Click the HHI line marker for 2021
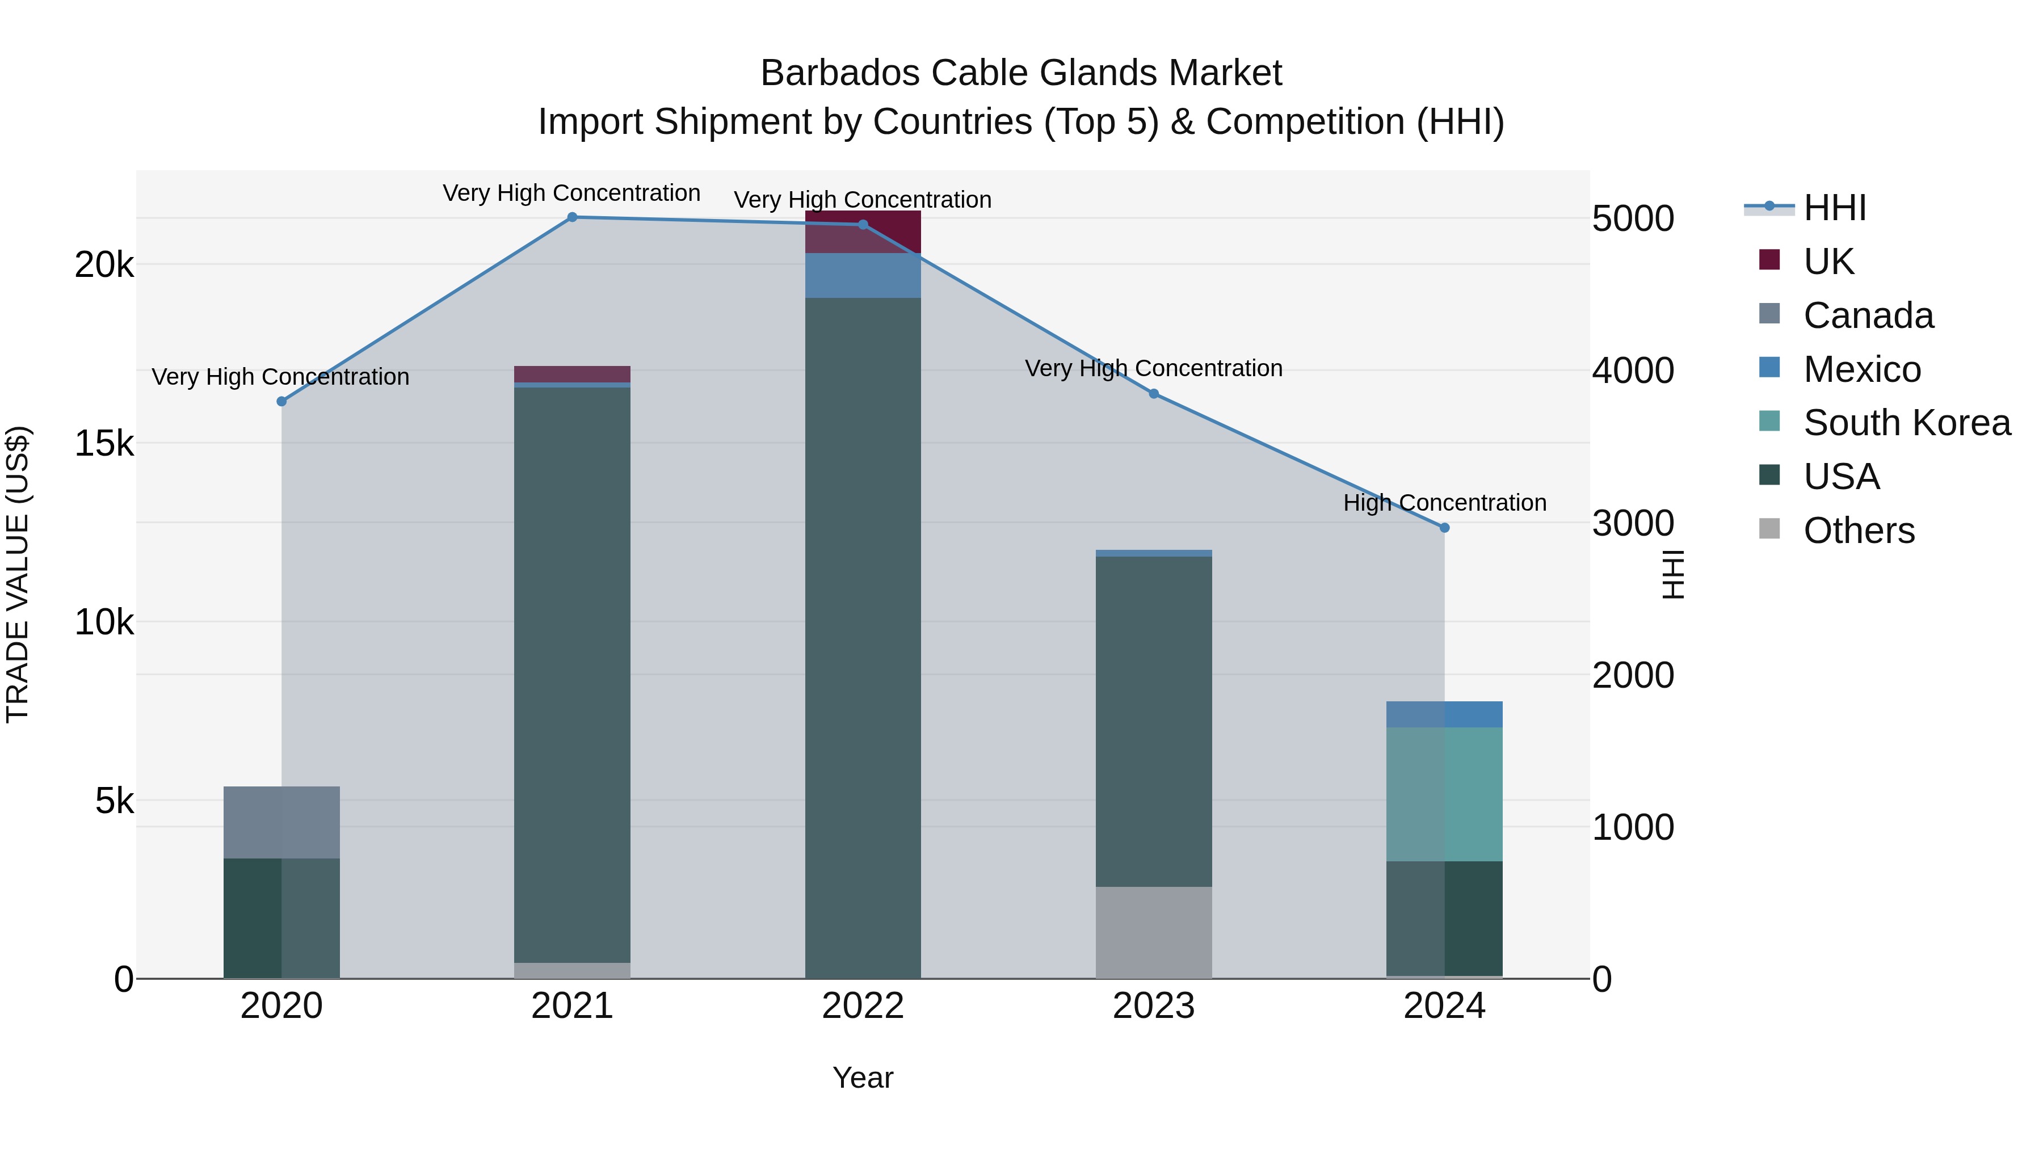(x=572, y=217)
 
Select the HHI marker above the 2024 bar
(x=1444, y=527)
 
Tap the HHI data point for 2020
(x=281, y=401)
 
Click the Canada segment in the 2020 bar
(x=281, y=822)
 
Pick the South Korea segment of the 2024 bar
(x=1444, y=794)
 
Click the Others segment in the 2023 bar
(x=1154, y=932)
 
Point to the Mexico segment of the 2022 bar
(x=863, y=275)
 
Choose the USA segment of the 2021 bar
(x=572, y=674)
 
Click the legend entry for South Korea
(x=1907, y=423)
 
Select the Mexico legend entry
(x=1861, y=369)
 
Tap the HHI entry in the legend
(x=1834, y=209)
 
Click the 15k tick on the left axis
(x=104, y=444)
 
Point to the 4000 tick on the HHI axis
(x=1632, y=371)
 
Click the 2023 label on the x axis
(x=1154, y=1006)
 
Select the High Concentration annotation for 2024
(x=1444, y=503)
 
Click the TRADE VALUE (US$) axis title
(x=18, y=574)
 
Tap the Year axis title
(x=863, y=1078)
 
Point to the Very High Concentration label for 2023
(x=1154, y=369)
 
